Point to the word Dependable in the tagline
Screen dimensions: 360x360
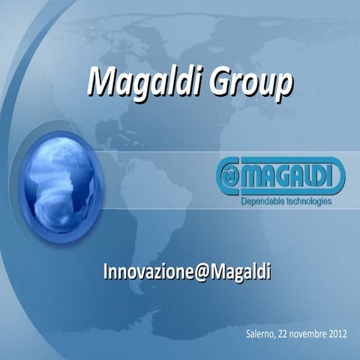click(x=262, y=202)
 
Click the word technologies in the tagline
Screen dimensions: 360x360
click(x=308, y=202)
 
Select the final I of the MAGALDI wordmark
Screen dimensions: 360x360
click(x=337, y=178)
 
